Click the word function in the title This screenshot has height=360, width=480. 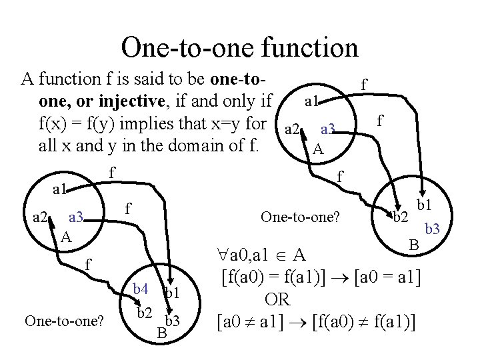pyautogui.click(x=304, y=47)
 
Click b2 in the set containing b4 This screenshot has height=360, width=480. pyautogui.click(x=145, y=312)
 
